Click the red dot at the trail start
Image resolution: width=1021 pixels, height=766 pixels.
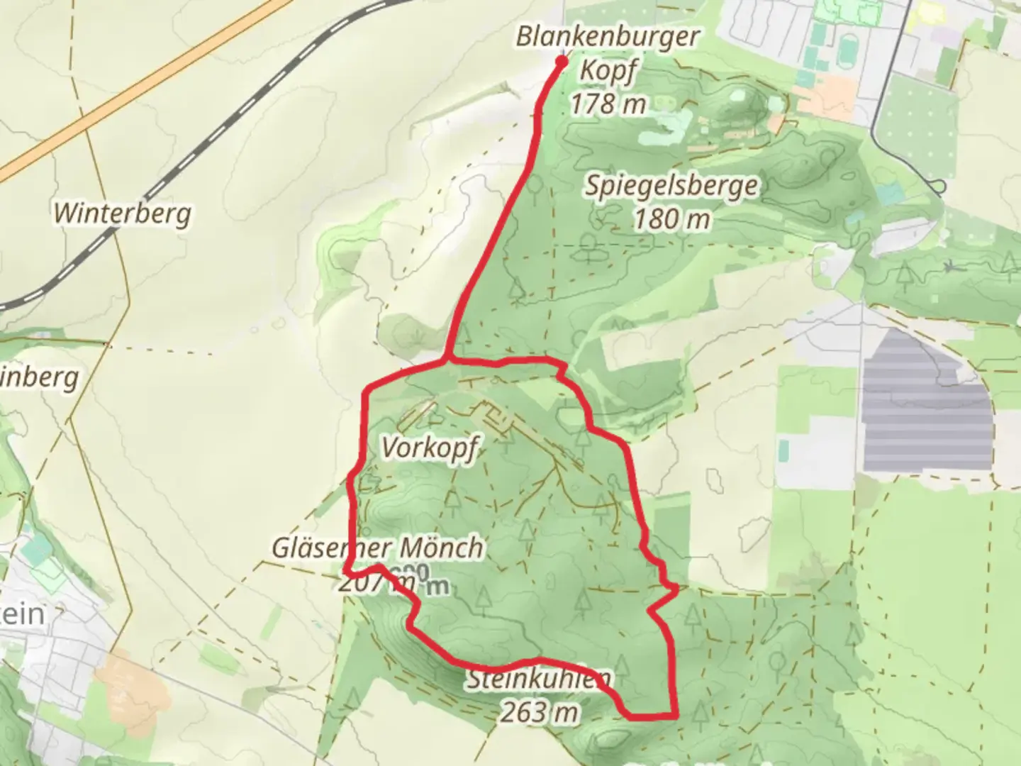(x=561, y=62)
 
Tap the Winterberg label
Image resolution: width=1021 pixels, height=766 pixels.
(x=123, y=213)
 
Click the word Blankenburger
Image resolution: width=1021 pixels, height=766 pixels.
(x=608, y=37)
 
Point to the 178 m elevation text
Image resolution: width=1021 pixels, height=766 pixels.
(x=608, y=104)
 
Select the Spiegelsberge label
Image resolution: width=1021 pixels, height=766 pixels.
(x=671, y=187)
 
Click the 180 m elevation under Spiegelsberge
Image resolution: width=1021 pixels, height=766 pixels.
(x=671, y=219)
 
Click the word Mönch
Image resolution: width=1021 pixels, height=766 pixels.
(x=441, y=548)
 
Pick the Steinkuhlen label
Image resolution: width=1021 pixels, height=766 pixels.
(x=539, y=680)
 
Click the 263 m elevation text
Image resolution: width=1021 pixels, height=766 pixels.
(x=539, y=711)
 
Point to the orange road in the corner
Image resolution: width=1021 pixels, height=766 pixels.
(x=142, y=85)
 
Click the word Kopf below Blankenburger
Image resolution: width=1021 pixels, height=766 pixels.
(x=608, y=71)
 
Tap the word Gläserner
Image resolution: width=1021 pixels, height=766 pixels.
(x=332, y=548)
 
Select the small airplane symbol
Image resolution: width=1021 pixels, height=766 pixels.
(x=950, y=267)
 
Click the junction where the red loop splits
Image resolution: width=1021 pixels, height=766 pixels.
(x=447, y=361)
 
